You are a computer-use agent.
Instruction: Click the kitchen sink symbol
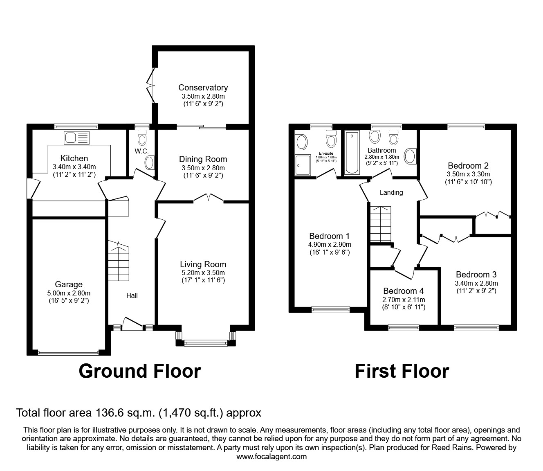click(76, 138)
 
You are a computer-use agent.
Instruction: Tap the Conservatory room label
click(203, 88)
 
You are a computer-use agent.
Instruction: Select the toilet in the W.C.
click(142, 138)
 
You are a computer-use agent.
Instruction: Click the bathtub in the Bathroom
click(352, 153)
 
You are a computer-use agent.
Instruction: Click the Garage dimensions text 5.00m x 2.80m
click(69, 293)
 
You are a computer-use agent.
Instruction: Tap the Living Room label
click(203, 264)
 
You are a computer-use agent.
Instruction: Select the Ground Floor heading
click(139, 371)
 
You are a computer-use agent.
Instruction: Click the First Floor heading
click(402, 371)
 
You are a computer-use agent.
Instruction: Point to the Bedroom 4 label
click(403, 291)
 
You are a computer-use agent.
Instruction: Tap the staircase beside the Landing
click(380, 224)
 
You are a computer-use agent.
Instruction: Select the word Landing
click(391, 192)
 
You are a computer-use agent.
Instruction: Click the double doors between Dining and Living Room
click(209, 198)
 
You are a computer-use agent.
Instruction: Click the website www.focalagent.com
click(271, 457)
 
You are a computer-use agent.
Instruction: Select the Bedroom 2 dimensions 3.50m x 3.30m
click(468, 174)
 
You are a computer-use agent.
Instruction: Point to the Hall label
click(132, 295)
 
